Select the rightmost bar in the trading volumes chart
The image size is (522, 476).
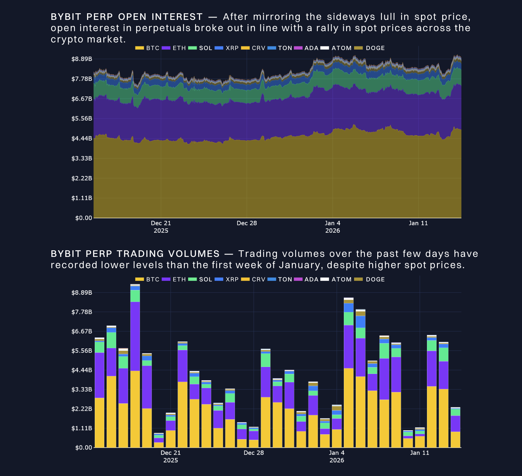click(x=455, y=428)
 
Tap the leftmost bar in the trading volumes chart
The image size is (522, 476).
click(x=99, y=392)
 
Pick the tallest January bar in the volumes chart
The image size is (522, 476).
click(x=348, y=373)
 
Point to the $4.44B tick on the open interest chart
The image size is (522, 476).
click(x=81, y=139)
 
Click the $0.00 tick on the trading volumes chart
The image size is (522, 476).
click(x=83, y=447)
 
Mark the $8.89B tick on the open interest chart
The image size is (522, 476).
click(x=81, y=59)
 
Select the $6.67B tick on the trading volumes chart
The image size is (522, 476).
click(x=81, y=331)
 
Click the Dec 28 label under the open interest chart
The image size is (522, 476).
click(x=247, y=223)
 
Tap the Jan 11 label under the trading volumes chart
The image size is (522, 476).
click(x=419, y=453)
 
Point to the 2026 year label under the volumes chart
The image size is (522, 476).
click(x=337, y=460)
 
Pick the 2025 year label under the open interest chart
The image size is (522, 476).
click(x=161, y=231)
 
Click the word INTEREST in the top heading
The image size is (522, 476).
click(x=177, y=17)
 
